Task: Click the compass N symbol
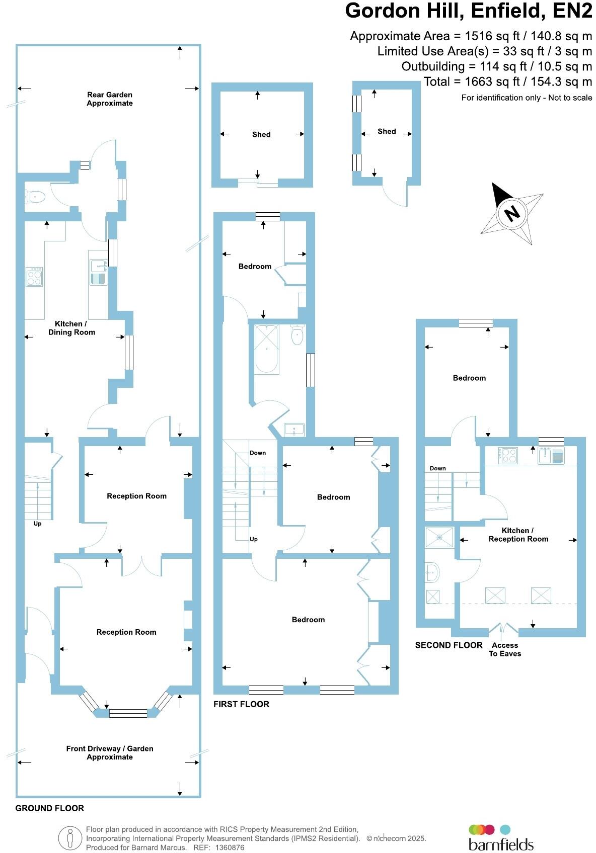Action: click(512, 213)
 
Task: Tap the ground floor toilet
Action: click(35, 197)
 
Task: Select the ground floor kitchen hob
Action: click(34, 277)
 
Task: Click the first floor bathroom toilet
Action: click(297, 335)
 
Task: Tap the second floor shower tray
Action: click(439, 537)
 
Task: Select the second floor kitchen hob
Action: click(508, 456)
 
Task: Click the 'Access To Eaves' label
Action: click(505, 649)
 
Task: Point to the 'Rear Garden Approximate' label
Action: click(110, 99)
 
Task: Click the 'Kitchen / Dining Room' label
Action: click(71, 328)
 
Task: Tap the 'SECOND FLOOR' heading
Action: click(449, 645)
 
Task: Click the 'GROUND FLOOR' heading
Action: click(49, 808)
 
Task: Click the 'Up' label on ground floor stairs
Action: click(37, 524)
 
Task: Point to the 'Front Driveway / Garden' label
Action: click(110, 752)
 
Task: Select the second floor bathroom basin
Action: click(432, 571)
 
